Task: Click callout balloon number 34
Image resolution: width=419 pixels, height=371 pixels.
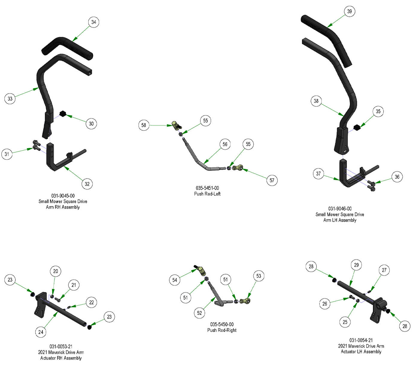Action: (94, 22)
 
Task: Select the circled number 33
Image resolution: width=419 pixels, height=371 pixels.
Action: (10, 99)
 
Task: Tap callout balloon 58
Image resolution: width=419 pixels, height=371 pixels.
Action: (144, 125)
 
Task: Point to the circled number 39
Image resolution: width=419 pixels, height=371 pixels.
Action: (350, 12)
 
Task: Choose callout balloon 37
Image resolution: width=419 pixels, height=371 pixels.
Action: (318, 174)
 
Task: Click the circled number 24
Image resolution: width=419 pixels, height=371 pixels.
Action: (41, 332)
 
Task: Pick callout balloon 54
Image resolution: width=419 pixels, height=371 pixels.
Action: (174, 280)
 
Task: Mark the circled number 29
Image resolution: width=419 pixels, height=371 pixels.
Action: (356, 265)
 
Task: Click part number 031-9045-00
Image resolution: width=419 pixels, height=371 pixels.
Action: (63, 196)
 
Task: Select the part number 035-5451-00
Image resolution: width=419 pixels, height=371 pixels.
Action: (207, 188)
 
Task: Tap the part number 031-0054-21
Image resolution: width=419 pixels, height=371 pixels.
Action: (361, 340)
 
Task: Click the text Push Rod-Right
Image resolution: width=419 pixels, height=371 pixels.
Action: (222, 330)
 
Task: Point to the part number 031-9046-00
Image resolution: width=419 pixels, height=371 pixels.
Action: (340, 209)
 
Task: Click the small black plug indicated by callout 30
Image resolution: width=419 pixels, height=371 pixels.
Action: (63, 114)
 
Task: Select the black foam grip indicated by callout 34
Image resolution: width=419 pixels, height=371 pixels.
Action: (67, 46)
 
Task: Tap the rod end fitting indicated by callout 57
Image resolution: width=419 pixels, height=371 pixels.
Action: (238, 168)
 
